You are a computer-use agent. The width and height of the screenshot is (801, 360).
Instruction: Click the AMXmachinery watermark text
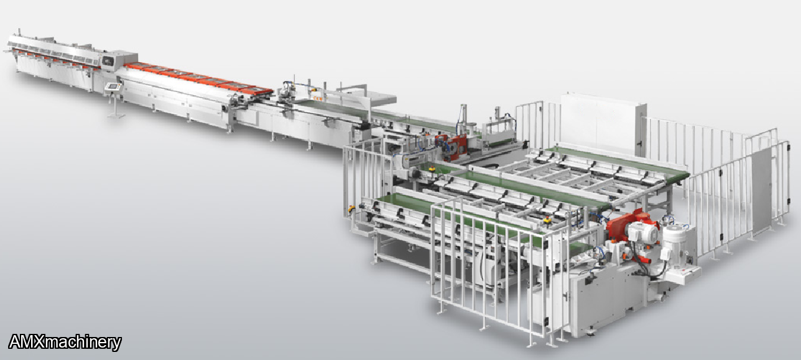[65, 342]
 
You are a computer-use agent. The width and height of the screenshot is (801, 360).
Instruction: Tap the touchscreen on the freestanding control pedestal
[112, 86]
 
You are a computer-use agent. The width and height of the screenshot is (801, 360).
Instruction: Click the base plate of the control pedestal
[116, 116]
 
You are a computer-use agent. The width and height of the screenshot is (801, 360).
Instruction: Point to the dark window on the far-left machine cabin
[108, 61]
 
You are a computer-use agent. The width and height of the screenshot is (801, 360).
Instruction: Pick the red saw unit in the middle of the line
[452, 147]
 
